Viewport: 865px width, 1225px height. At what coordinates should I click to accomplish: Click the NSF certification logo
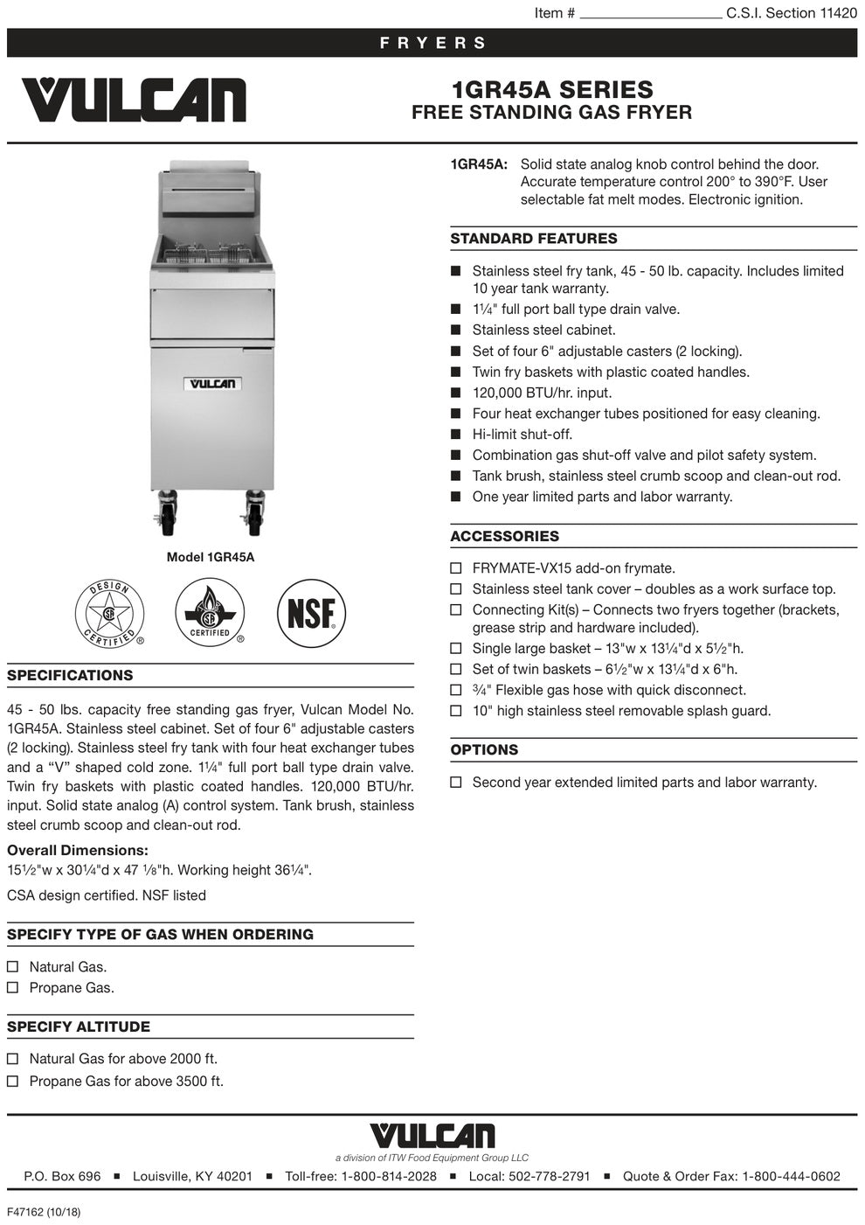[x=311, y=614]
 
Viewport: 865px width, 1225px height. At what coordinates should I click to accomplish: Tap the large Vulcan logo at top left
[x=134, y=101]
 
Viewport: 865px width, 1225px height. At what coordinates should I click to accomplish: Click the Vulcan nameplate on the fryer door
[x=212, y=383]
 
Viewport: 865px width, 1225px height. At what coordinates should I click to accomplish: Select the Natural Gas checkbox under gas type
[x=13, y=967]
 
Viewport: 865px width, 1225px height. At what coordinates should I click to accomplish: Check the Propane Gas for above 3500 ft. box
[x=13, y=1082]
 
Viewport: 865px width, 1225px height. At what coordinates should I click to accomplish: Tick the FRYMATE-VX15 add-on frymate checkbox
[x=456, y=568]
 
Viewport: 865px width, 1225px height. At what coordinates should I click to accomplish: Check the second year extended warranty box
[x=456, y=783]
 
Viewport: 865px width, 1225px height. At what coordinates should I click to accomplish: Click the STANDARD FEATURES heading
[x=534, y=239]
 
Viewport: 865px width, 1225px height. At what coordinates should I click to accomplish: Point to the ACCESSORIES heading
[x=504, y=537]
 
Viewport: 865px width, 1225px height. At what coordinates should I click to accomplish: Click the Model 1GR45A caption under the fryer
[x=211, y=557]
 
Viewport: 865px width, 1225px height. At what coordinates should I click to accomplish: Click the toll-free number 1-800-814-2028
[x=388, y=1176]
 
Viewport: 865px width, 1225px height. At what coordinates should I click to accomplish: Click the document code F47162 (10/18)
[x=44, y=1212]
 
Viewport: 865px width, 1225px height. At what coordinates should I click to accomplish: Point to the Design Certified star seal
[x=110, y=614]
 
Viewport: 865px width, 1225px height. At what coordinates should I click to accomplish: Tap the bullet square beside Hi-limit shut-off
[x=455, y=435]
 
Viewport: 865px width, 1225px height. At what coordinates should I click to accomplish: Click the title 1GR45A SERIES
[x=552, y=89]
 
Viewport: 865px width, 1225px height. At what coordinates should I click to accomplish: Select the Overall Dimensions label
[x=78, y=850]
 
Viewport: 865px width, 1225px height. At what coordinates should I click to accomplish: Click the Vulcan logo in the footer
[x=432, y=1136]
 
